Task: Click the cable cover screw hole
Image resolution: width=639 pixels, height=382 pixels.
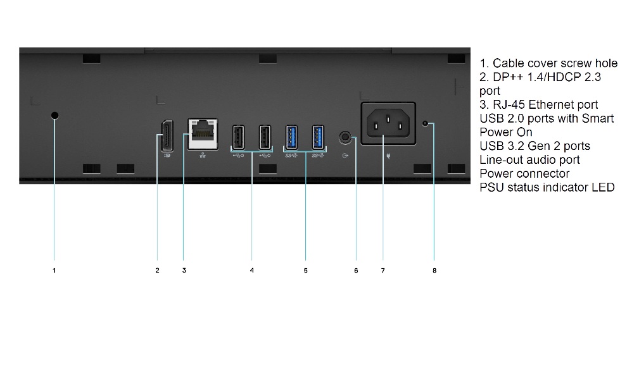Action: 54,116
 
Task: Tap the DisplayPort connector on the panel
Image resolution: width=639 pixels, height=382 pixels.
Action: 167,136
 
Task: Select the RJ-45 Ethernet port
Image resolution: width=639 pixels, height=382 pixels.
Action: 203,134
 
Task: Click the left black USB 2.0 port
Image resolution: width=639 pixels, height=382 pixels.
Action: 238,137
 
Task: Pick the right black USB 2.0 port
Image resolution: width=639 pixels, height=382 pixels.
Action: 265,137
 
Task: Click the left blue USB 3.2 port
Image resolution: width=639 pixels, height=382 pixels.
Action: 291,137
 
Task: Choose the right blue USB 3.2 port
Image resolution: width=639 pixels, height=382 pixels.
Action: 319,137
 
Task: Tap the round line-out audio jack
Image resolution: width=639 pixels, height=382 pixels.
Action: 345,137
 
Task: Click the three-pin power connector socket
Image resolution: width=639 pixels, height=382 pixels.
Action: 388,123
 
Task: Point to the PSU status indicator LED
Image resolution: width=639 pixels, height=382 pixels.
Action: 426,123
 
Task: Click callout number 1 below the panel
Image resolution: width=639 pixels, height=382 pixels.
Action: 54,271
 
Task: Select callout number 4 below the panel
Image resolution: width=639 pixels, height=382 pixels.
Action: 252,271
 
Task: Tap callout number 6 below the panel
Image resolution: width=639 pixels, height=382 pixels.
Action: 356,271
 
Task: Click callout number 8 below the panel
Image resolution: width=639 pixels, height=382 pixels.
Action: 434,271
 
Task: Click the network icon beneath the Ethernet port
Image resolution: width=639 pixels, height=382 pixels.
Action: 203,156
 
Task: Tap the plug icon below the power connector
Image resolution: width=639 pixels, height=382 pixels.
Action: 388,156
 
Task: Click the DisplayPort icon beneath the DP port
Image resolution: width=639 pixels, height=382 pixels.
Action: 167,156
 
